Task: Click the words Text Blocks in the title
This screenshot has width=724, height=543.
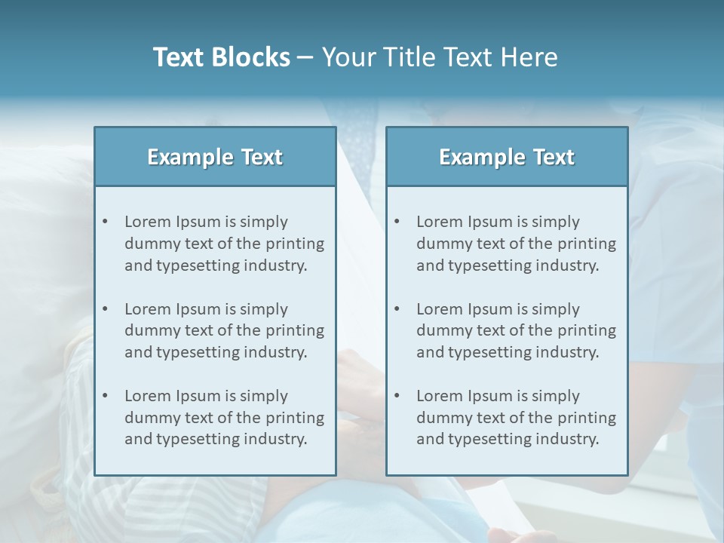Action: coord(221,57)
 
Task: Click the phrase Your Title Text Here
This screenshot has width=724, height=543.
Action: coord(440,57)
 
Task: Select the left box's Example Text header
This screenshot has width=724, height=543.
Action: coord(215,157)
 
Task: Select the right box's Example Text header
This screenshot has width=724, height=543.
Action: coord(507,157)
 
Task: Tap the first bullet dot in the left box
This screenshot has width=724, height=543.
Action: coord(106,222)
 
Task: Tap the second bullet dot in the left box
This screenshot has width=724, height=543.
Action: coord(106,309)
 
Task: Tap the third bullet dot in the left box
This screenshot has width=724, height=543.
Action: coord(106,396)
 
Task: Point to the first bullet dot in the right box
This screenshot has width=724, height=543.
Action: coord(397,222)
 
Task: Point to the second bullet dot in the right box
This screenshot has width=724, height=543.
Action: coord(397,309)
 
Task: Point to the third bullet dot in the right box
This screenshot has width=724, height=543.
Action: coord(397,396)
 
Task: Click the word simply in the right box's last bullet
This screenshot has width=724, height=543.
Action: coord(555,396)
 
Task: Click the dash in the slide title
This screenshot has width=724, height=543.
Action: coord(305,58)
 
